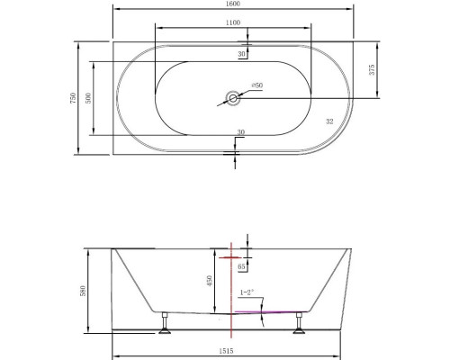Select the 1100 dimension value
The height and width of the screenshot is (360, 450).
(235, 22)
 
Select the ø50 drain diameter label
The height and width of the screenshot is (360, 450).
(256, 85)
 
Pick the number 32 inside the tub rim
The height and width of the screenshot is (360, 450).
(328, 120)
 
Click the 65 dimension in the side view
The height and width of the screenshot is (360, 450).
(242, 267)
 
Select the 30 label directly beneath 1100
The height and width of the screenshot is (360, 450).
(241, 55)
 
